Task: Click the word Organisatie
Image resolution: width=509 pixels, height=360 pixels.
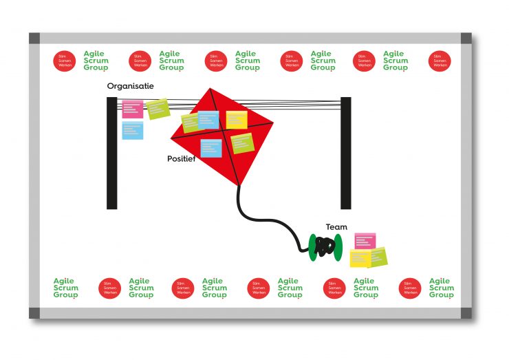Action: coord(130,86)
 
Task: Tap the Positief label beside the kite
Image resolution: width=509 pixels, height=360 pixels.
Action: coord(181,159)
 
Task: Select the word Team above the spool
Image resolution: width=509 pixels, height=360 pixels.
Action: coord(336,227)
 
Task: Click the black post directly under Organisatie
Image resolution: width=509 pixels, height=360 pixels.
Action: coord(111,165)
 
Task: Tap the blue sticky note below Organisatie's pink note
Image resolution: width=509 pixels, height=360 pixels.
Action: coord(133,130)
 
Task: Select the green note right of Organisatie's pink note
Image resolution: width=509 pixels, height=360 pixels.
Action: coord(158,108)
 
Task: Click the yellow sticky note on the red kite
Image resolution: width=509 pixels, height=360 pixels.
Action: coord(237,120)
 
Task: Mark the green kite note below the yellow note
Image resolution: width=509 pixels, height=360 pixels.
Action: coord(242,143)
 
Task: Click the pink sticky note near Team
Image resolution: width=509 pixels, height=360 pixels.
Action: coord(365,241)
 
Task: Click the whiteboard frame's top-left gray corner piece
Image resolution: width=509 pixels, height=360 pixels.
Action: coord(34,38)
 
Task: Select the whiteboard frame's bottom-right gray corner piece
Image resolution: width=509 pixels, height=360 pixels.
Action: coord(467,313)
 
